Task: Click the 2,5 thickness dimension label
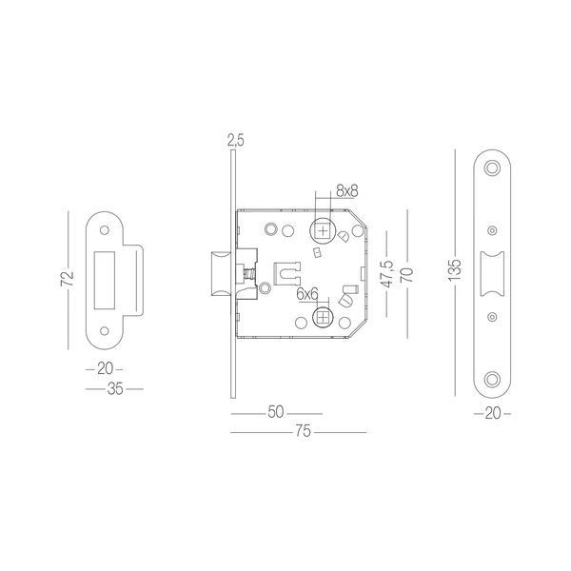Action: click(x=236, y=140)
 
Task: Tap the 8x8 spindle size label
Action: click(x=347, y=191)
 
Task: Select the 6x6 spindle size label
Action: click(x=307, y=294)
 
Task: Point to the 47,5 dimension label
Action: click(x=388, y=273)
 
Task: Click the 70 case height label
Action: click(x=407, y=275)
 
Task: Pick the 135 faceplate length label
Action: click(x=455, y=270)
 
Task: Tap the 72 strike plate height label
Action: click(x=68, y=279)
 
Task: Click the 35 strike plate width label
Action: click(x=115, y=389)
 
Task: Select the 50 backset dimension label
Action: click(x=276, y=412)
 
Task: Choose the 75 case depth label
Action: click(x=303, y=431)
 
